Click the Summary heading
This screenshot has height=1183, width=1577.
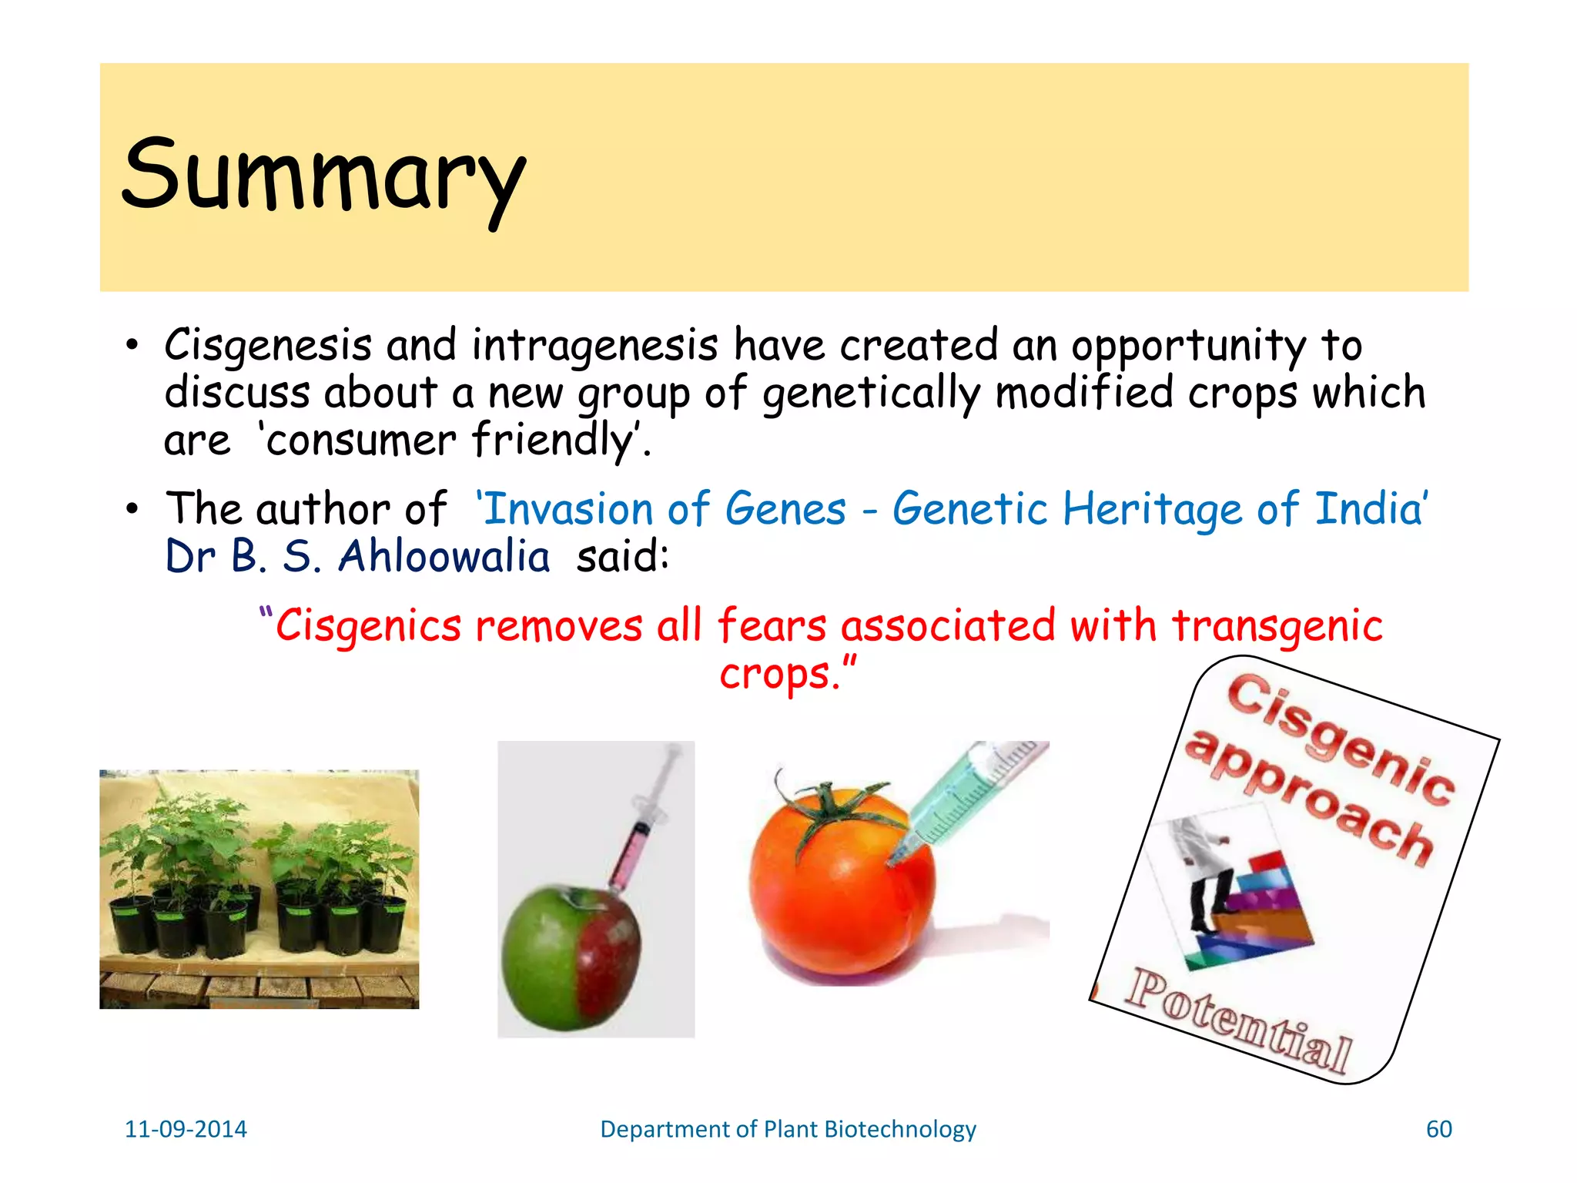pyautogui.click(x=323, y=176)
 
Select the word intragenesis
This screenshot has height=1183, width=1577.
pyautogui.click(x=594, y=345)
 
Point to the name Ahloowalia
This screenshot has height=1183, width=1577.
pyautogui.click(x=444, y=556)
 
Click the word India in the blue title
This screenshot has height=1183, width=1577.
pyautogui.click(x=1370, y=509)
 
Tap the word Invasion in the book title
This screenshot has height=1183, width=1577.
pyautogui.click(x=568, y=509)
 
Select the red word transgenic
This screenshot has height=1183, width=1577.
pyautogui.click(x=1277, y=625)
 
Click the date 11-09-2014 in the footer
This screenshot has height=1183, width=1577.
pyautogui.click(x=186, y=1129)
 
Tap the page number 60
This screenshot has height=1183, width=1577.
pyautogui.click(x=1438, y=1129)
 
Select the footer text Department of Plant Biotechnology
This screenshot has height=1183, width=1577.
pyautogui.click(x=788, y=1129)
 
